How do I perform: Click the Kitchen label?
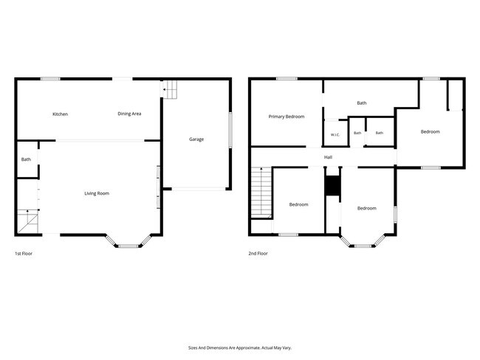(x=61, y=114)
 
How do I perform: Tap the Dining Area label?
(x=129, y=114)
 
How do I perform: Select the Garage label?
(x=196, y=139)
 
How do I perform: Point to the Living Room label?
(x=97, y=193)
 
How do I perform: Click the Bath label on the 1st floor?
(x=26, y=159)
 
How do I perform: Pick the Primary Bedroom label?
(x=287, y=117)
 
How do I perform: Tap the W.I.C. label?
(x=335, y=134)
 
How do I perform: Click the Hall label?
(x=328, y=157)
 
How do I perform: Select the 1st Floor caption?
(x=24, y=253)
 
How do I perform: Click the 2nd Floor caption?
(x=258, y=253)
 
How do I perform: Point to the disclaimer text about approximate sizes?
(x=240, y=347)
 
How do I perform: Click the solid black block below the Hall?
(x=332, y=186)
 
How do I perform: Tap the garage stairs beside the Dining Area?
(x=170, y=89)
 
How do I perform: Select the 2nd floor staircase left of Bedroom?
(x=261, y=193)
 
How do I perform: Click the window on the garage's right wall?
(x=230, y=131)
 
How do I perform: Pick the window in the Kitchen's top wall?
(x=50, y=79)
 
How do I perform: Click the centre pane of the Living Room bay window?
(x=128, y=246)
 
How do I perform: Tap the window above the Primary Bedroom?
(x=287, y=79)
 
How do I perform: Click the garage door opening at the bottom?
(x=199, y=189)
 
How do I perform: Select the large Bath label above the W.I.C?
(x=362, y=103)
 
